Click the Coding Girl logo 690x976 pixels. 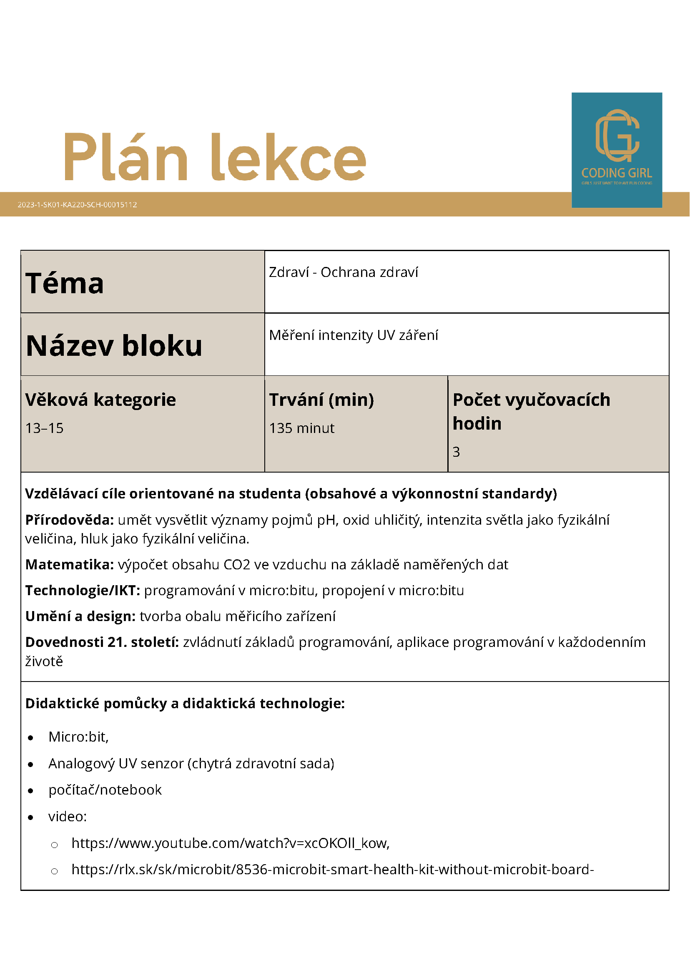(617, 150)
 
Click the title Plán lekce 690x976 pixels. (215, 157)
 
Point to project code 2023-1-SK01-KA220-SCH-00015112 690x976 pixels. (77, 204)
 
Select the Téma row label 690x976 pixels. (65, 283)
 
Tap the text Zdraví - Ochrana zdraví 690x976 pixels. (343, 272)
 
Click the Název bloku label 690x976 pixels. (114, 345)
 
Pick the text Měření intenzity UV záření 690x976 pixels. (353, 335)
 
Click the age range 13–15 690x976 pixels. (44, 428)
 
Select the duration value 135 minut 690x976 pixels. (302, 428)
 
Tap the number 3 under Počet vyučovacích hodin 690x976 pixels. (457, 451)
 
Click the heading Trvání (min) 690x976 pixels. (321, 400)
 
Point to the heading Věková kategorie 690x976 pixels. (100, 400)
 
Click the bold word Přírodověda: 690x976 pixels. (69, 519)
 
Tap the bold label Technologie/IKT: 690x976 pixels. (83, 590)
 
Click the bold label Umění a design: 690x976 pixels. (80, 616)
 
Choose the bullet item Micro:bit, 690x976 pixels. (79, 737)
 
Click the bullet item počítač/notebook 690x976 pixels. (105, 790)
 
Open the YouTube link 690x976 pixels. (230, 843)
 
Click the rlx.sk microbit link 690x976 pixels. (332, 869)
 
